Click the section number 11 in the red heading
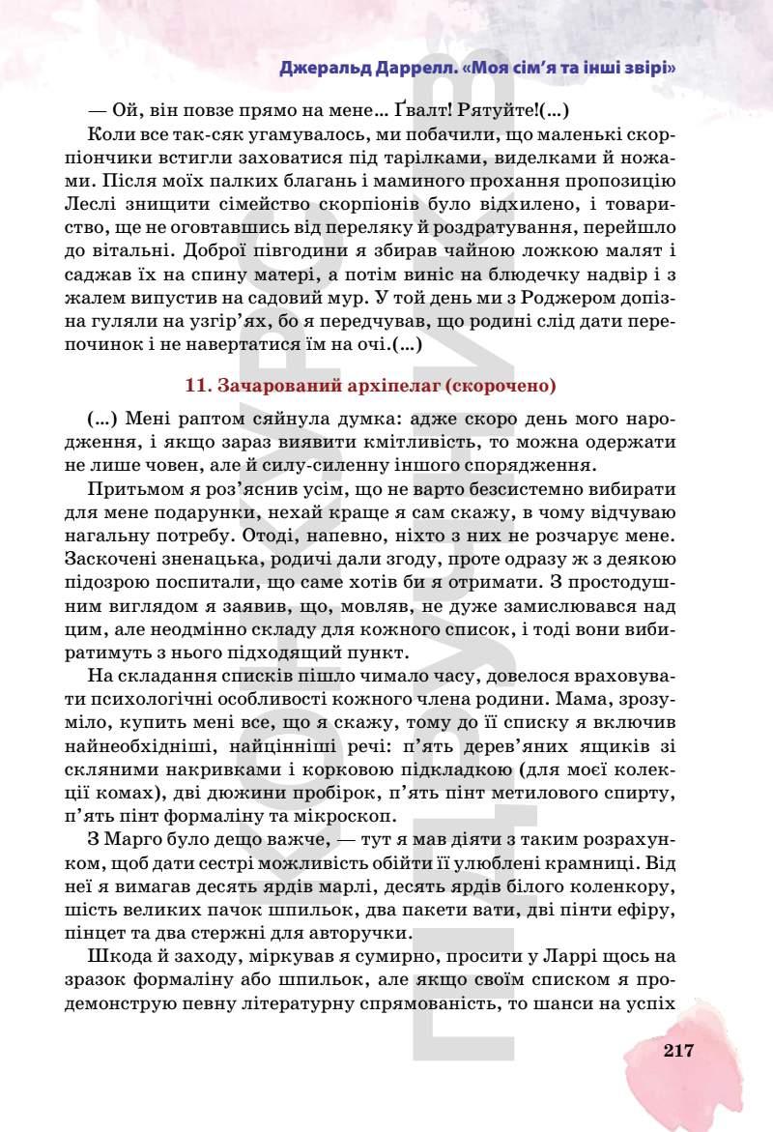click(x=195, y=385)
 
